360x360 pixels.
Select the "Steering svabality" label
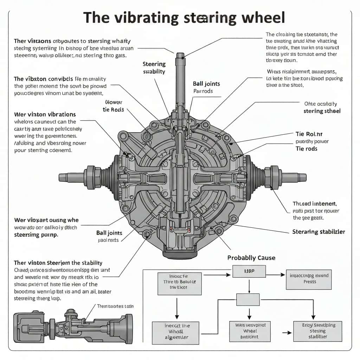(154, 68)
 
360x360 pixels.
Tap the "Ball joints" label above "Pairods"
(206, 84)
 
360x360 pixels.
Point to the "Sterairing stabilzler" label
(319, 232)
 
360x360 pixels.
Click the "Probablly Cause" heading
(251, 258)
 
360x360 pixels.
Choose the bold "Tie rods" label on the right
(306, 149)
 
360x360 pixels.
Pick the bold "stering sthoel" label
(322, 111)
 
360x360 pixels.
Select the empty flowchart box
(248, 299)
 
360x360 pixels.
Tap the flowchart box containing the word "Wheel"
(250, 331)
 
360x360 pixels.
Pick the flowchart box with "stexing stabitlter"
(317, 331)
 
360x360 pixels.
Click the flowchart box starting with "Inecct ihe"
(175, 332)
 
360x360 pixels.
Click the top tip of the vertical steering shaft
(180, 54)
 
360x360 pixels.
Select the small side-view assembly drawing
(73, 327)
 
